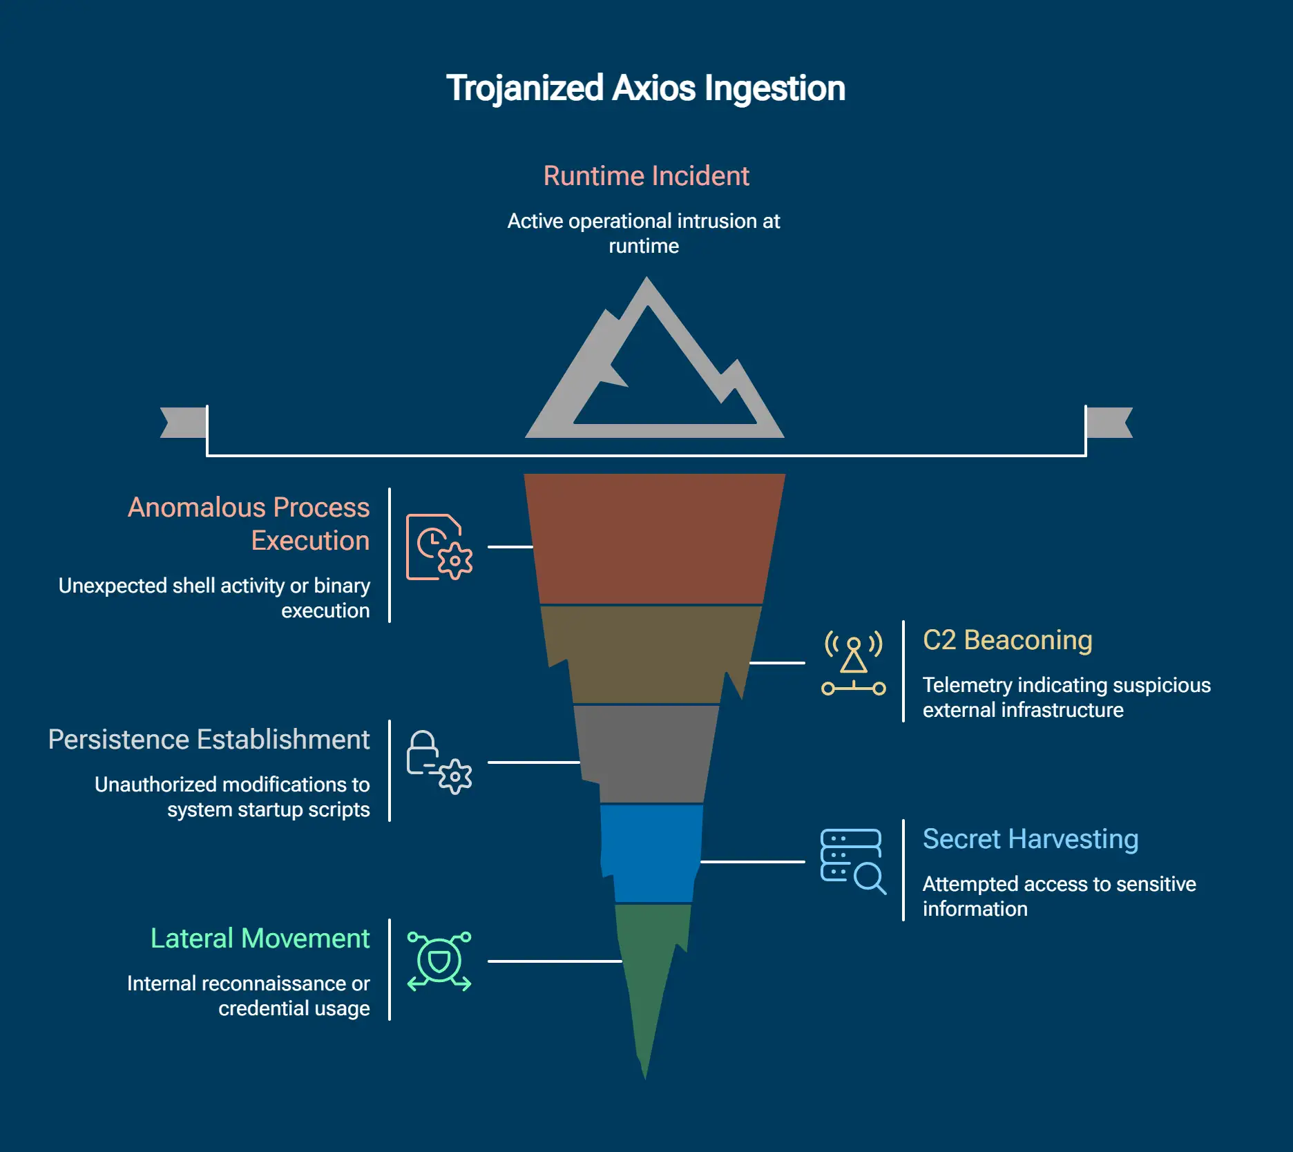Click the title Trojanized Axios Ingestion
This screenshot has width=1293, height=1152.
(645, 88)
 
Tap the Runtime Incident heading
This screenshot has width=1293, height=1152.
(646, 175)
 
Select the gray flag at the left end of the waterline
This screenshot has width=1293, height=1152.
(184, 422)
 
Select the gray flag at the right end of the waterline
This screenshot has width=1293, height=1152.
(1108, 422)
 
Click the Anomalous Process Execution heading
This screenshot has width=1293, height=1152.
(249, 524)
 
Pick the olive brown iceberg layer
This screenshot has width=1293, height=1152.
(649, 653)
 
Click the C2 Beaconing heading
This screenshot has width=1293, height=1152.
(1007, 640)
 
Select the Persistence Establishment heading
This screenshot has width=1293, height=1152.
(209, 740)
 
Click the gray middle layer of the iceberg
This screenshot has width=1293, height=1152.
(646, 753)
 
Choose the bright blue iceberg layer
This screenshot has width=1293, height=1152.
(651, 853)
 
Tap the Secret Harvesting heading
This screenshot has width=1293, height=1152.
(1030, 839)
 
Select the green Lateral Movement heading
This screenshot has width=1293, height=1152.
(260, 939)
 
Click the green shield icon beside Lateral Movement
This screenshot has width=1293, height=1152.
(439, 961)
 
